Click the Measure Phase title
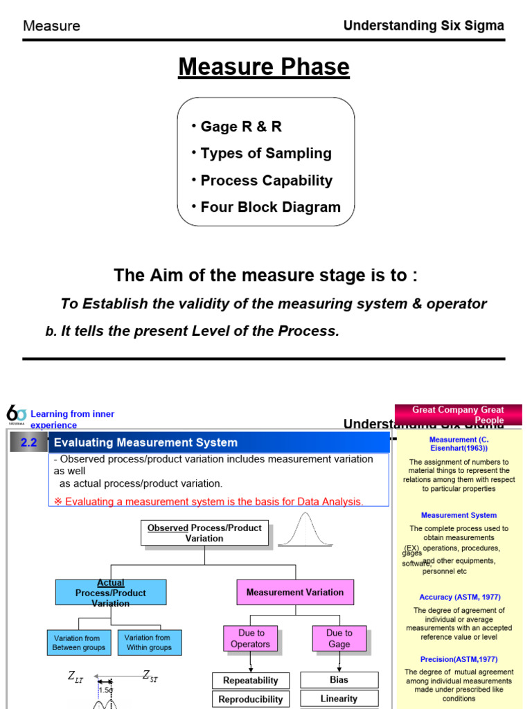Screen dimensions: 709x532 tap(264, 67)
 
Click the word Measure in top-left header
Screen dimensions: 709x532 tap(52, 26)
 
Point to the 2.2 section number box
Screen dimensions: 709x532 tap(28, 442)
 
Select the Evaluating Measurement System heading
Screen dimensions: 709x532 tap(145, 442)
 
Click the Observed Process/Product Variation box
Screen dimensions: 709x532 tap(204, 533)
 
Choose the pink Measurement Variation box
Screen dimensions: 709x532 tap(295, 593)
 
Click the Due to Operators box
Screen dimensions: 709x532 tap(251, 638)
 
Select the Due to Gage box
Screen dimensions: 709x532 tap(339, 638)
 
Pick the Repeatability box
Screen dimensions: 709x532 tap(251, 681)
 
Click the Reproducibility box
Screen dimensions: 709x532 tap(251, 699)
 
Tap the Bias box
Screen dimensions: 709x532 tap(339, 680)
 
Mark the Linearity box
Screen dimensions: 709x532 tap(339, 699)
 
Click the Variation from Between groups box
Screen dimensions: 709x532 tap(79, 643)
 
